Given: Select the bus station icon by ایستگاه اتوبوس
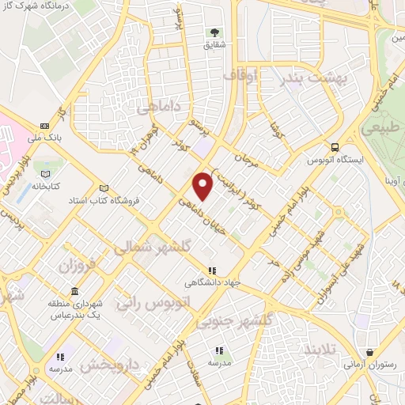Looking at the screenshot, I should [336, 147].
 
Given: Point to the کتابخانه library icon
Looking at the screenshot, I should [46, 173].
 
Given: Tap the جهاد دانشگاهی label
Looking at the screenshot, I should [211, 283].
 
